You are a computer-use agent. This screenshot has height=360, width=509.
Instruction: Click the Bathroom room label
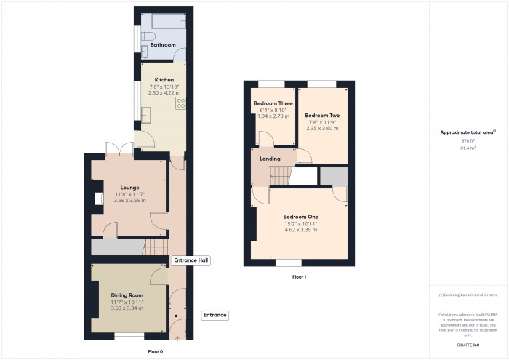[x=163, y=45]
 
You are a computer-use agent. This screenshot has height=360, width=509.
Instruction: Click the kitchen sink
[x=145, y=115]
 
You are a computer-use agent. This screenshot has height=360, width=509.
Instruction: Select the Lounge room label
[x=129, y=187]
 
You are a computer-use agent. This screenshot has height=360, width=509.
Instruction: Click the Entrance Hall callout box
[x=191, y=260]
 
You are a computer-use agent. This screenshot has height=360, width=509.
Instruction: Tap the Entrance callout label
[x=215, y=315]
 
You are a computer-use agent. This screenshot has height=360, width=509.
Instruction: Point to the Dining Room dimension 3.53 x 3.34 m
[x=127, y=308]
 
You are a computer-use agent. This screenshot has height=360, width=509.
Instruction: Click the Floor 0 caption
[x=155, y=351]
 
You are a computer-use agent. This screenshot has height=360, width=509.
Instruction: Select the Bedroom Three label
[x=273, y=104]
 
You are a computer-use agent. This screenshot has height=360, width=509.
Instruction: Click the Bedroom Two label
[x=321, y=116]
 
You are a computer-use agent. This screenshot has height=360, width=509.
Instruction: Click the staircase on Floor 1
[x=281, y=175]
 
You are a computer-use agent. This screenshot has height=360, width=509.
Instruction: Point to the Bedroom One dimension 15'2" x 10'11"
[x=300, y=223]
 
